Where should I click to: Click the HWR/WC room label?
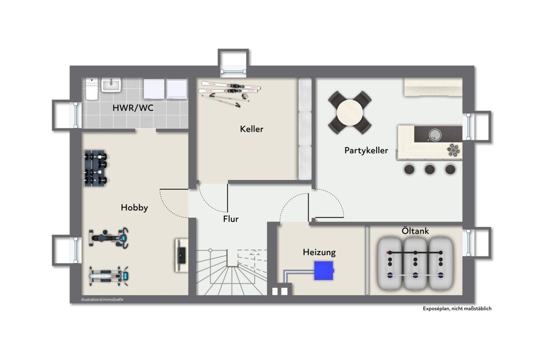click(133, 108)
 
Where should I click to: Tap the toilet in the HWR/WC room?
click(91, 89)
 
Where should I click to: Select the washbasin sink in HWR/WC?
click(111, 85)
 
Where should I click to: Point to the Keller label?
click(252, 129)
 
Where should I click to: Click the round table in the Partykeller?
click(350, 113)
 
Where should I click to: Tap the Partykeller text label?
click(366, 151)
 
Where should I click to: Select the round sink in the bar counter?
click(435, 134)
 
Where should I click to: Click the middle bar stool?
click(429, 169)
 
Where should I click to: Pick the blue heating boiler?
click(324, 270)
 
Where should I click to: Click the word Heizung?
click(319, 253)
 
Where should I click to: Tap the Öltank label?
click(415, 231)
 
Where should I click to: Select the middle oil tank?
click(415, 264)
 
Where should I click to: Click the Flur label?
click(231, 219)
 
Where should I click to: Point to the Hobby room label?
click(134, 208)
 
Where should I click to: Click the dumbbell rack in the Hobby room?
click(96, 168)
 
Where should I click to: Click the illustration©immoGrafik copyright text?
click(102, 300)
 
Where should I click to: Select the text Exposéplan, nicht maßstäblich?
click(457, 308)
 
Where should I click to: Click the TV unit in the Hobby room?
click(181, 255)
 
